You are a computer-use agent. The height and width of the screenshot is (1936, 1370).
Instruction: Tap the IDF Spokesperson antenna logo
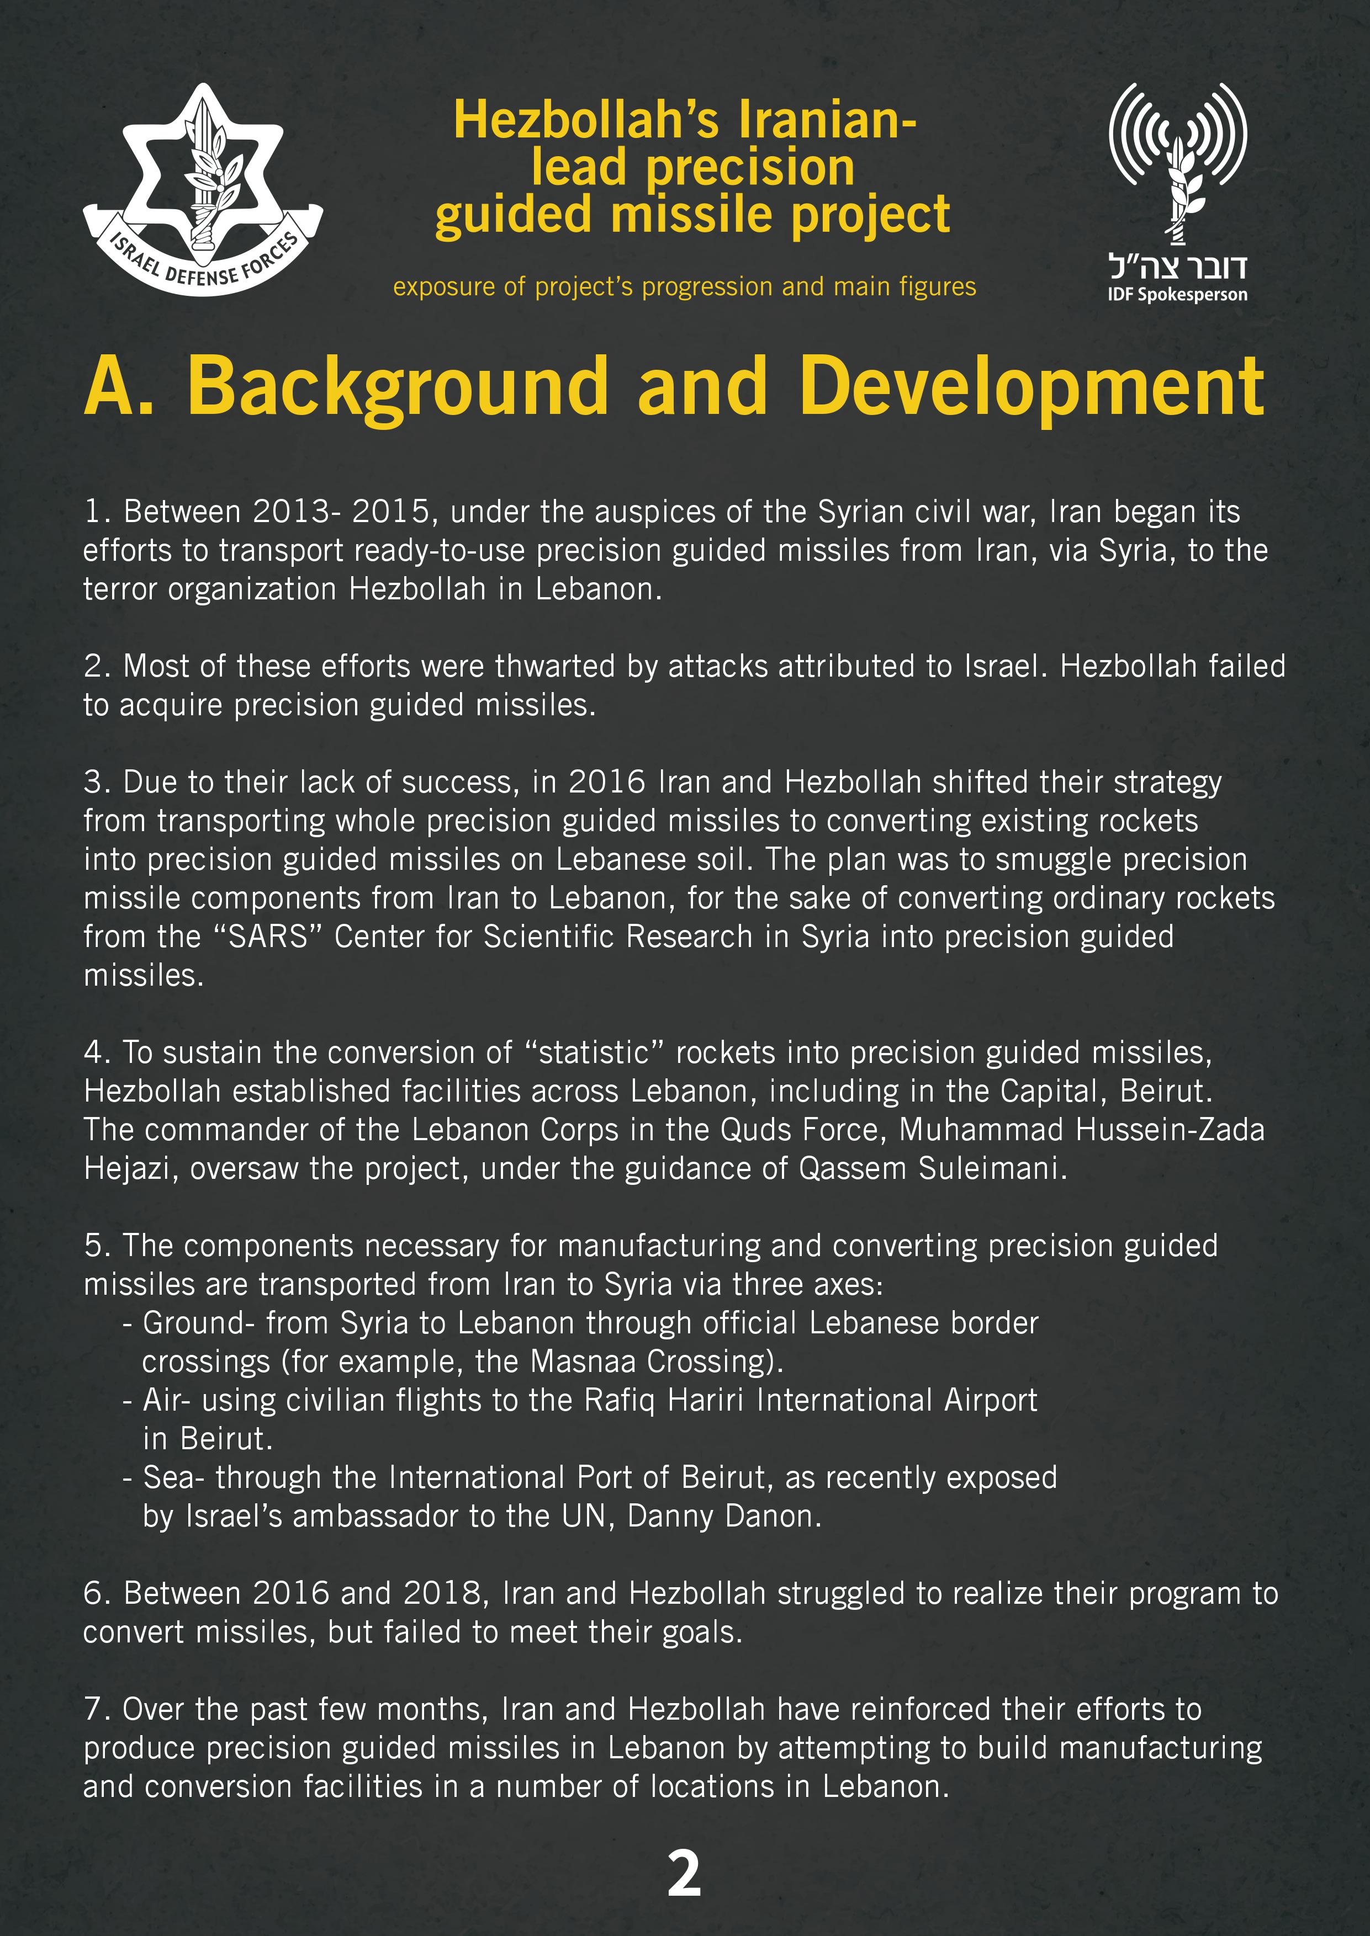tap(1178, 160)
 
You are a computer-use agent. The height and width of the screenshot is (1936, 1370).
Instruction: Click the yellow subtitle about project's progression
tap(684, 286)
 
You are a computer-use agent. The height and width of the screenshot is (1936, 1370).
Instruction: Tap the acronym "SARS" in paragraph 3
tap(268, 937)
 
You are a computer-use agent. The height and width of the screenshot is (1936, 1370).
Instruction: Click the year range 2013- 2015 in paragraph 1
tap(342, 512)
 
